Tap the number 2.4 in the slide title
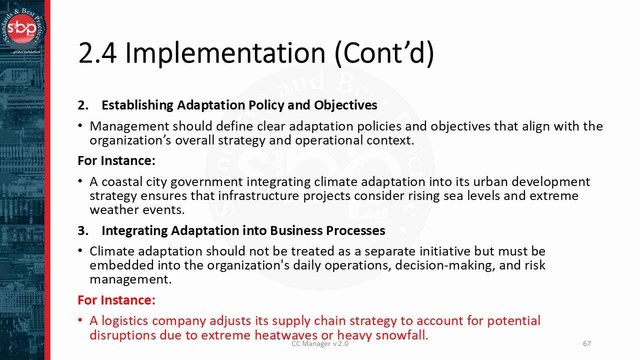[97, 53]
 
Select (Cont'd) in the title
[384, 53]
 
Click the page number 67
[587, 343]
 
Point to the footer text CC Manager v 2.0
[320, 344]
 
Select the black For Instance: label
[116, 160]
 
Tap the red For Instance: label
[116, 300]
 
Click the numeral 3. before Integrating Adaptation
[82, 230]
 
